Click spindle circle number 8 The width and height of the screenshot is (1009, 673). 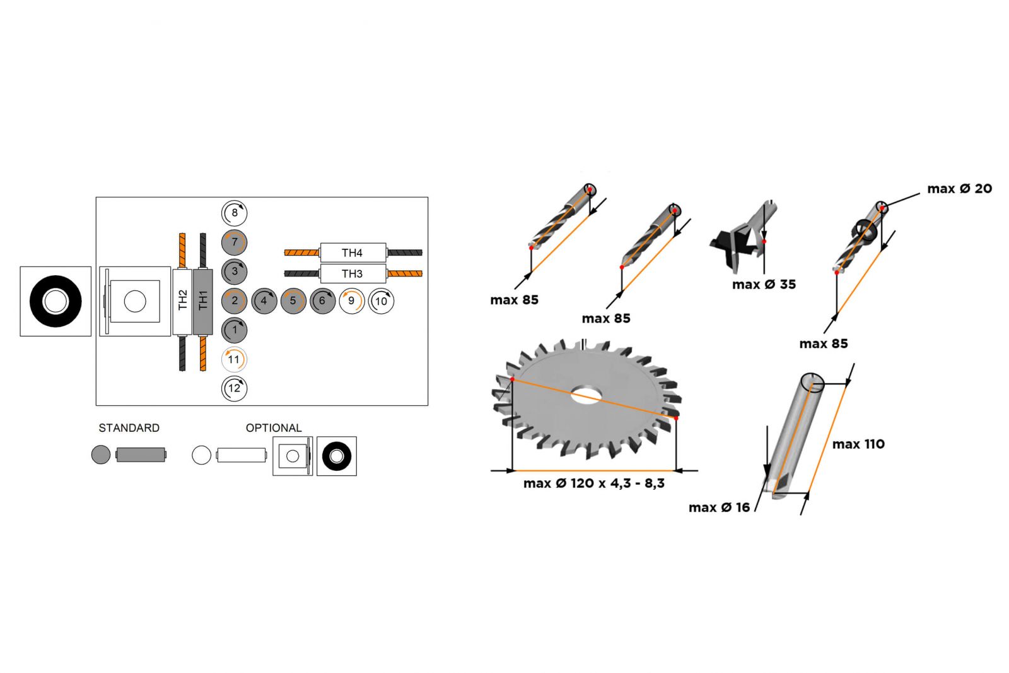pos(234,213)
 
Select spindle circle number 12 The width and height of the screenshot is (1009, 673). pos(234,388)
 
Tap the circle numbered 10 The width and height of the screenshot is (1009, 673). pos(381,301)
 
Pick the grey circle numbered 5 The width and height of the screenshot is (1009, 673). pos(293,301)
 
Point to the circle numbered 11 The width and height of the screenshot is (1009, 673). pos(234,359)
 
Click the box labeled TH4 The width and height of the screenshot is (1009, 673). pos(353,253)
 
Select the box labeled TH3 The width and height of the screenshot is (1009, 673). pos(353,274)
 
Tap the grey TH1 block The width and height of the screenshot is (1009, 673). pos(202,301)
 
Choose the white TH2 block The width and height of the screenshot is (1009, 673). pos(182,301)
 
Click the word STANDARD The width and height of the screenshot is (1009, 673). pos(129,427)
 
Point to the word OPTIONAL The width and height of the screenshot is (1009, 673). pos(274,427)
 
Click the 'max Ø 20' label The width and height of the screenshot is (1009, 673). pos(959,189)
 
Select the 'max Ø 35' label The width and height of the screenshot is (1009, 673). pos(764,284)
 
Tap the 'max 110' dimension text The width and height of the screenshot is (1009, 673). pos(858,444)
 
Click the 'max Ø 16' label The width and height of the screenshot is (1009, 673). pos(720,508)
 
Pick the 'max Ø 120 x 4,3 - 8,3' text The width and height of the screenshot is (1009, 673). pos(593,483)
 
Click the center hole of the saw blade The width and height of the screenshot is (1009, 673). pos(586,395)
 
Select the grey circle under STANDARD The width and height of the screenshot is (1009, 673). pos(101,455)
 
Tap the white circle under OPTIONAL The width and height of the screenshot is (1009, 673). pos(201,455)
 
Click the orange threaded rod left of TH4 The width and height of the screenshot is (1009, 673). pos(302,253)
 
